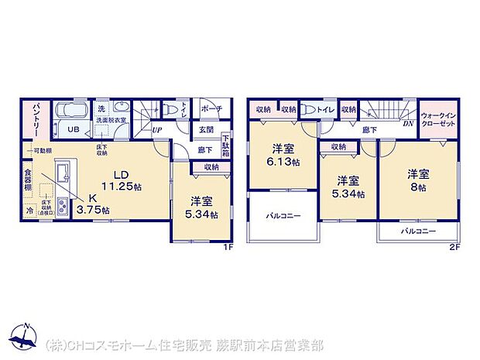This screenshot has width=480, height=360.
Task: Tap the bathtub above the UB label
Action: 74,109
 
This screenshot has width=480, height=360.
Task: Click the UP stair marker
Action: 156,130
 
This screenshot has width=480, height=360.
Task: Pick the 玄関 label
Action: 205,129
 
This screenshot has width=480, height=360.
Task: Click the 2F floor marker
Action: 458,246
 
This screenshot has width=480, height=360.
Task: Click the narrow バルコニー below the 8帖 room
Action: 417,231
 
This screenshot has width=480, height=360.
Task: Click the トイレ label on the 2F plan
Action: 325,110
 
